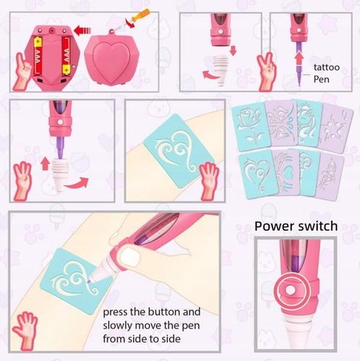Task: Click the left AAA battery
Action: [38, 56]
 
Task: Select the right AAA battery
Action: [66, 56]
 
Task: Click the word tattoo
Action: [327, 67]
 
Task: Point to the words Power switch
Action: [296, 226]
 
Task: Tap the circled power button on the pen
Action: [291, 291]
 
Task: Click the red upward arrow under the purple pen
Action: [299, 57]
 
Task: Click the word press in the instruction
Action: [115, 313]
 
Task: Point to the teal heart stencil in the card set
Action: [257, 173]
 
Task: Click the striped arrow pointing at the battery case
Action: [82, 31]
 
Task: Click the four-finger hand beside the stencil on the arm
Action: [209, 180]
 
